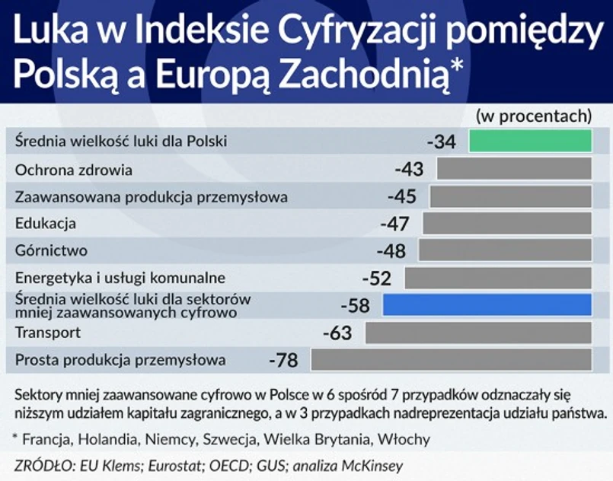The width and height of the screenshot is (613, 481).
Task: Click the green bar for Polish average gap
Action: [x=530, y=142]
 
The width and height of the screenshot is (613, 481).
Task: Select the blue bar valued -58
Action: [x=487, y=304]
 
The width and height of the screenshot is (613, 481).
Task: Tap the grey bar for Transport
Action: [x=478, y=333]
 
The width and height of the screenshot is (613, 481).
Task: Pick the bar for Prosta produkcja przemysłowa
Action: [x=451, y=359]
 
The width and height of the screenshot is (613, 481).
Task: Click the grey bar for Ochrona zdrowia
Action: [x=514, y=169]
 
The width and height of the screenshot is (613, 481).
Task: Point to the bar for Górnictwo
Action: [x=505, y=250]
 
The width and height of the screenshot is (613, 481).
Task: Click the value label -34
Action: [x=442, y=142]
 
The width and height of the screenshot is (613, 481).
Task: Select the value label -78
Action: [x=283, y=360]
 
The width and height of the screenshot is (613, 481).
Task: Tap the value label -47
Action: [x=394, y=224]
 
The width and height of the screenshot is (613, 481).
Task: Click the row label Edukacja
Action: [x=46, y=224]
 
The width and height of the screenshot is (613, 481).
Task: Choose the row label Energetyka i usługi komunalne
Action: [x=120, y=278]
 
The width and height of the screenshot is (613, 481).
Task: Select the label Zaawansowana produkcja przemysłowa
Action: [x=152, y=197]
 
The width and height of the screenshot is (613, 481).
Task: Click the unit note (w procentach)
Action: [x=534, y=116]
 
